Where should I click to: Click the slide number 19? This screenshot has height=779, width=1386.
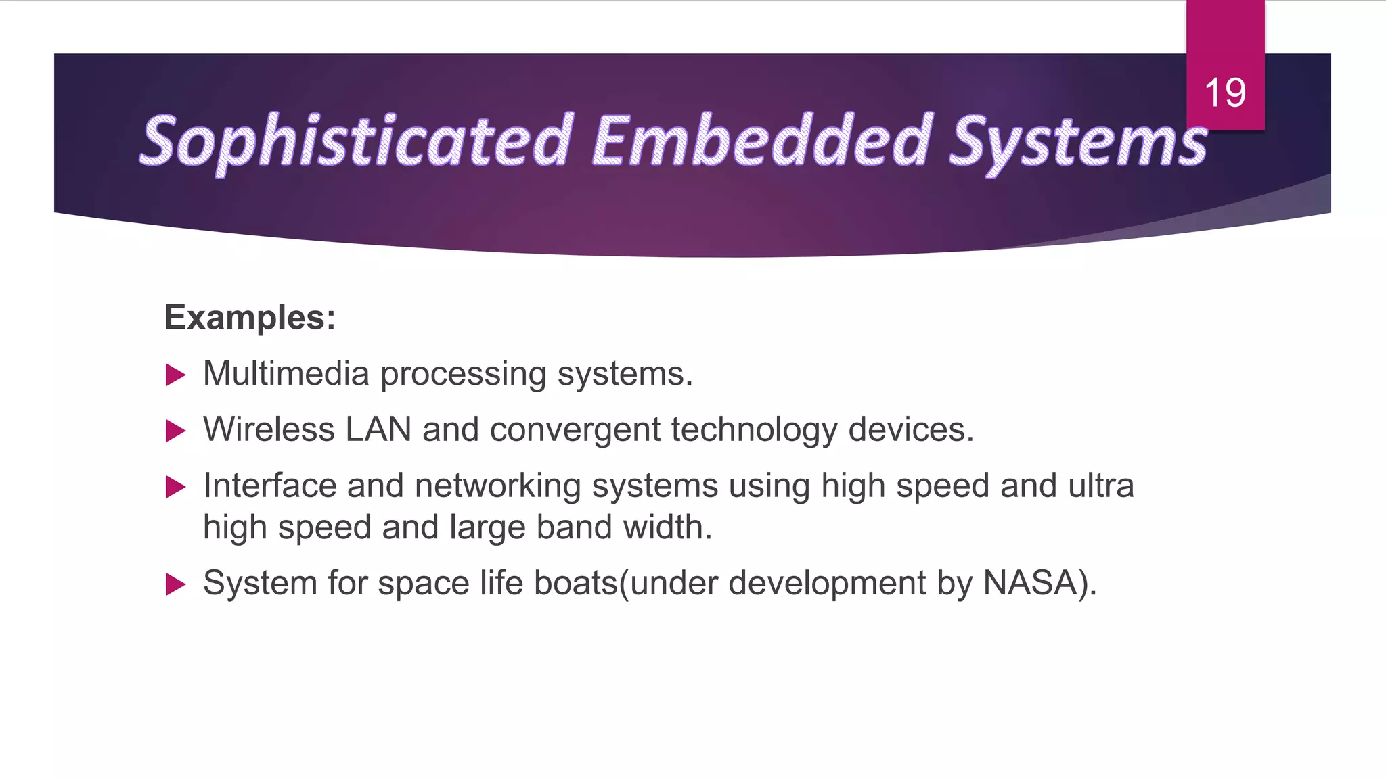pos(1225,93)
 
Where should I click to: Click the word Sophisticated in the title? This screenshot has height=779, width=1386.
pos(357,141)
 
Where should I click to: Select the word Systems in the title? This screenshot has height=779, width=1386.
pos(1077,143)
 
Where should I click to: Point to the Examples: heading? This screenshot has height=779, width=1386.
pos(250,317)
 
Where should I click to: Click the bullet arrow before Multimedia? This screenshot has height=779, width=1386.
pos(175,375)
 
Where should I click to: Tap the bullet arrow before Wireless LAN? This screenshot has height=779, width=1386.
pos(175,431)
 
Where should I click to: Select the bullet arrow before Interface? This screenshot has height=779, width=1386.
pos(175,487)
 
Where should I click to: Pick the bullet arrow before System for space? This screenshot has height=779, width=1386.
pos(175,584)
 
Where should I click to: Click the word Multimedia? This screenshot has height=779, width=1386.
pos(286,373)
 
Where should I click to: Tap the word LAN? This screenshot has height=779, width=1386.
pos(378,429)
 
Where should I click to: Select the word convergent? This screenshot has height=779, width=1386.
pos(575,431)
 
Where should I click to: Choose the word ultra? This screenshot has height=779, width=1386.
pos(1100,486)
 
